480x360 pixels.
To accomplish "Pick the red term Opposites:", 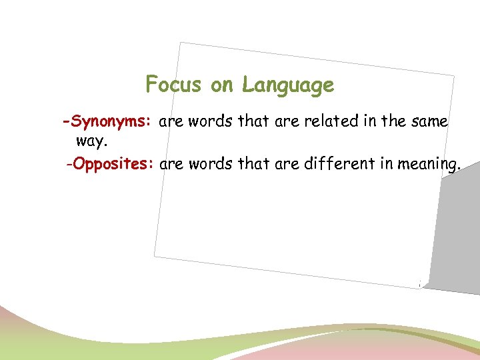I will click(x=114, y=164).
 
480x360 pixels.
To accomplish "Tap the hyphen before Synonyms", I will click(x=65, y=123).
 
